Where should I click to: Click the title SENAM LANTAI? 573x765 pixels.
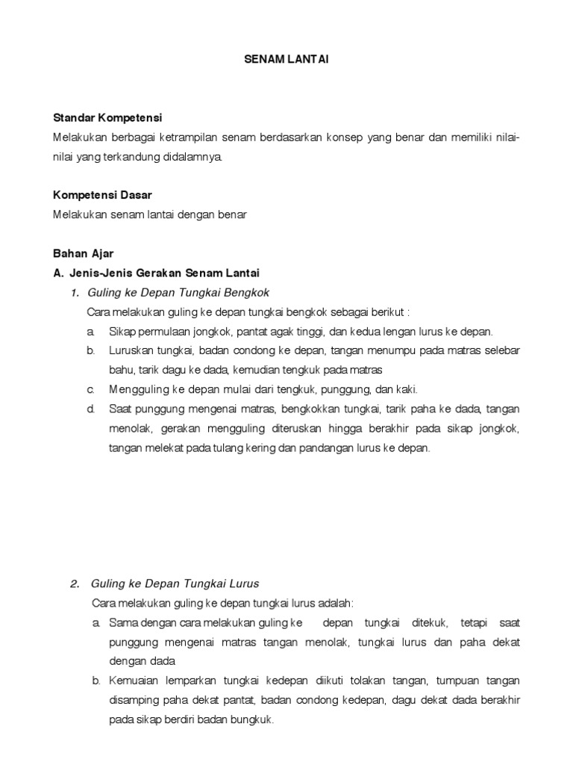pyautogui.click(x=286, y=60)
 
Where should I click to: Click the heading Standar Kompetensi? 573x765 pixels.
pyautogui.click(x=107, y=118)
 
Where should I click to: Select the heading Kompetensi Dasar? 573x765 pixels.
pyautogui.click(x=102, y=195)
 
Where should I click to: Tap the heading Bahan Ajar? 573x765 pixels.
pyautogui.click(x=83, y=253)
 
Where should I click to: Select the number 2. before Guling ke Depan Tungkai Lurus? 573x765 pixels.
pyautogui.click(x=75, y=583)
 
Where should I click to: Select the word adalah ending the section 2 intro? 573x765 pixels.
pyautogui.click(x=336, y=603)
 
